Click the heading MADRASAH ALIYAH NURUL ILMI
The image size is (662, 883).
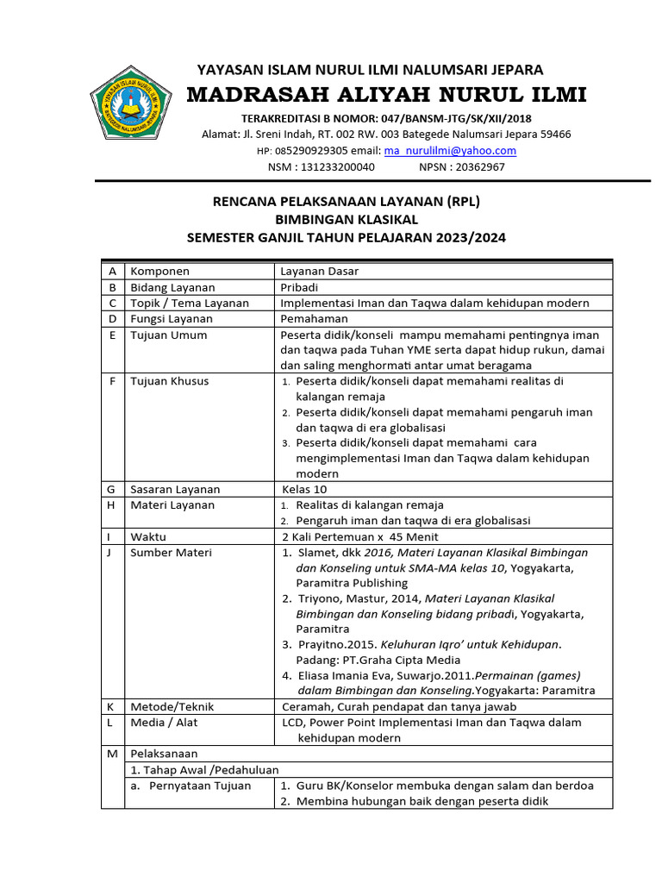(386, 95)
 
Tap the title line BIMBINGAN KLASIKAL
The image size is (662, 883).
(346, 220)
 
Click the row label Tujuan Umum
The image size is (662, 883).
(169, 335)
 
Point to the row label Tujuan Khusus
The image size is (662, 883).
(170, 381)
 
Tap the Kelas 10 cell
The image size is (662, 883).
(304, 490)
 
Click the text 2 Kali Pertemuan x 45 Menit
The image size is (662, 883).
(360, 536)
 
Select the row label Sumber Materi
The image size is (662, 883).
(171, 553)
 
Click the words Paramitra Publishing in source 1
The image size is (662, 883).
(353, 583)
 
